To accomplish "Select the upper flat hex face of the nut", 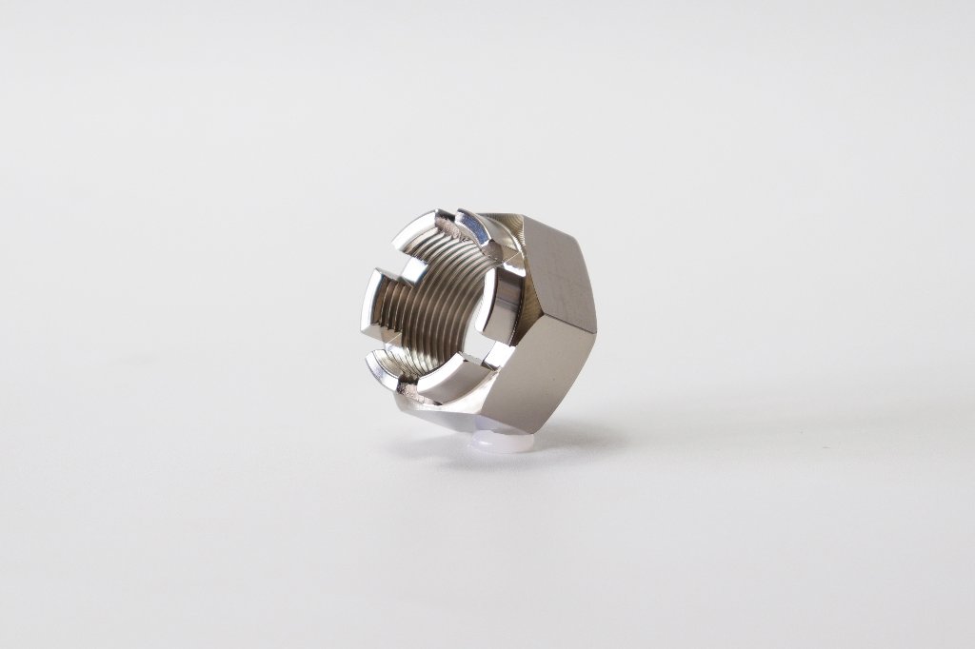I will [x=558, y=267].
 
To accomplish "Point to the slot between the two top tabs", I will [x=448, y=224].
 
